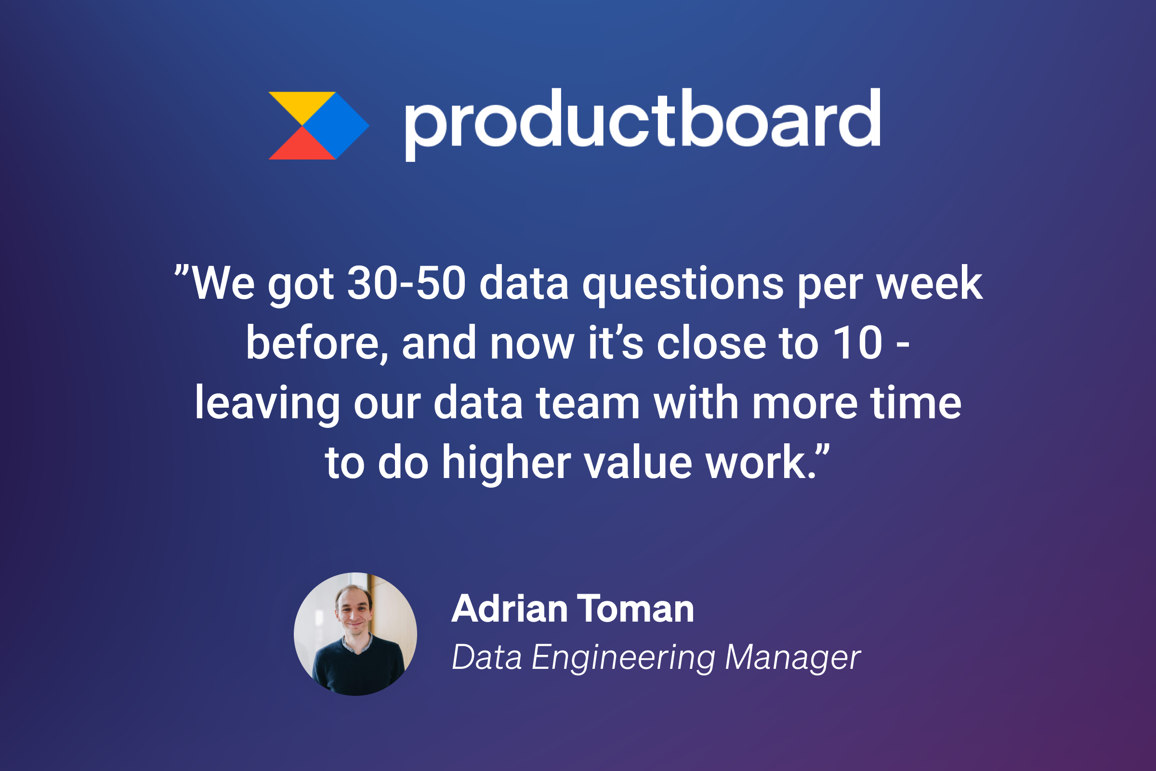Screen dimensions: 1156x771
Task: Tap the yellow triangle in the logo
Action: [x=302, y=104]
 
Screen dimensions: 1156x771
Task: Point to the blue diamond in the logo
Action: [x=336, y=126]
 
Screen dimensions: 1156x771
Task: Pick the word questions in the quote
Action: [x=683, y=285]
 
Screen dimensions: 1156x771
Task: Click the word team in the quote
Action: [x=588, y=403]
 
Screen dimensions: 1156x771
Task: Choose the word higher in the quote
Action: [x=506, y=463]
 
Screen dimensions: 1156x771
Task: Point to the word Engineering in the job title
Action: [x=623, y=657]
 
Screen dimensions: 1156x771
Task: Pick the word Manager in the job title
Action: [x=793, y=657]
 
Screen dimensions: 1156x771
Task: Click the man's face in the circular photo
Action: [x=354, y=612]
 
